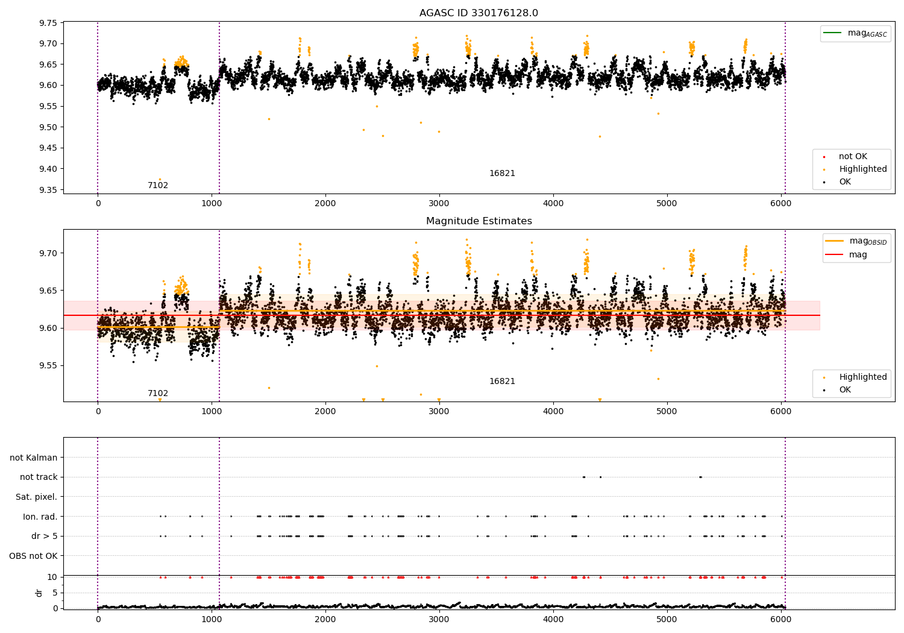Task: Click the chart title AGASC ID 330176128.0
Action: (x=479, y=13)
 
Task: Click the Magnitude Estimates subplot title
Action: (x=479, y=221)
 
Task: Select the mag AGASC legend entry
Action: (x=855, y=33)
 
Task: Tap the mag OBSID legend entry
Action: (x=856, y=241)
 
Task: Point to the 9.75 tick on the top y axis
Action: (x=48, y=23)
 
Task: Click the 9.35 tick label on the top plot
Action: (x=48, y=190)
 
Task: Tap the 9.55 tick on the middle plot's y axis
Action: (x=48, y=365)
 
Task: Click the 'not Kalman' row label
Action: (x=34, y=458)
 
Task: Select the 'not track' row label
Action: (x=39, y=477)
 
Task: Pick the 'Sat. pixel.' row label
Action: (x=36, y=497)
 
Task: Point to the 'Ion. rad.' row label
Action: (x=40, y=516)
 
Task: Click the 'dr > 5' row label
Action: (x=45, y=536)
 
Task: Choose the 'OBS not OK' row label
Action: (x=33, y=556)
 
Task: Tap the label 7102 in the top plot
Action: (x=158, y=185)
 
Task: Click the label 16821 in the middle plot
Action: (x=502, y=381)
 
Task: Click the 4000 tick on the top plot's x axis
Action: (x=553, y=203)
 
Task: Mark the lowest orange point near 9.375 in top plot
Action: (x=160, y=179)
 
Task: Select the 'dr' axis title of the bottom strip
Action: (x=39, y=593)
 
